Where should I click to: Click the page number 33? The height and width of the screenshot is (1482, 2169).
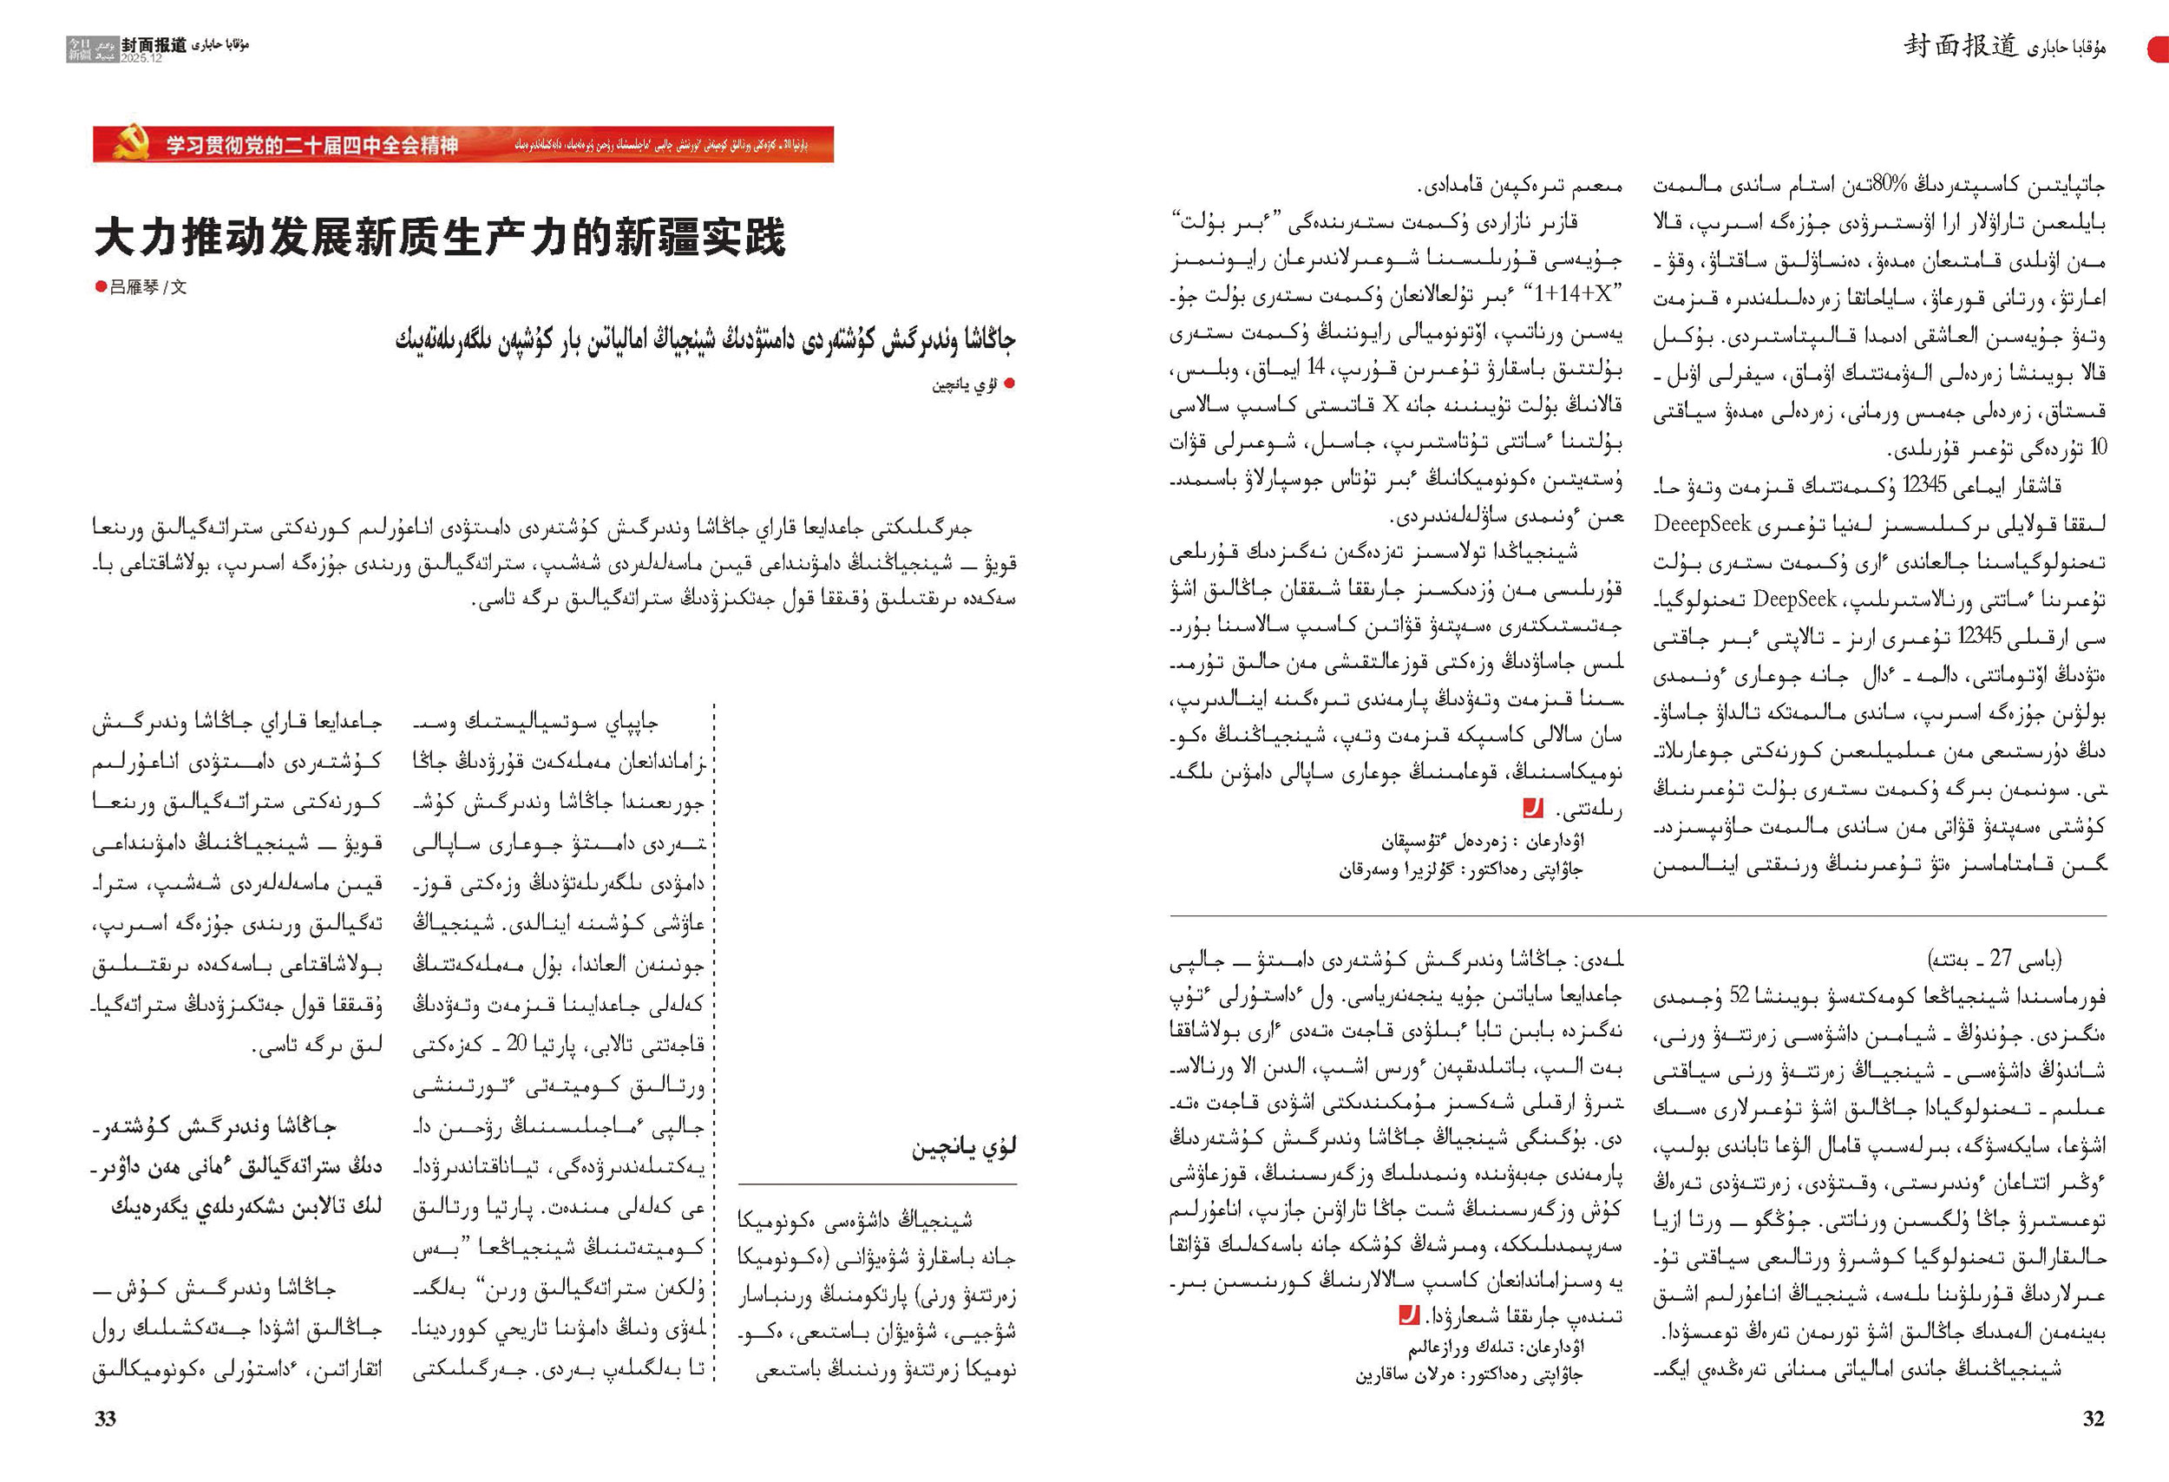tap(106, 1420)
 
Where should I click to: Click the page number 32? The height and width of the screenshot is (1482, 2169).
tap(2094, 1420)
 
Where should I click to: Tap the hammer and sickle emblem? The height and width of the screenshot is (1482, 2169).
tap(132, 144)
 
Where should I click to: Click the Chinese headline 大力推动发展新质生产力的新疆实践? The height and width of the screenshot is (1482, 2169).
tap(440, 237)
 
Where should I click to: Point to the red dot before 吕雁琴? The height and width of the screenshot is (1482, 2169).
tap(101, 287)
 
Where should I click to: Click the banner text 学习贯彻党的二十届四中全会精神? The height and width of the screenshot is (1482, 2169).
tap(311, 146)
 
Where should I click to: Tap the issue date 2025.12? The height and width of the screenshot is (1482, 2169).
tap(141, 58)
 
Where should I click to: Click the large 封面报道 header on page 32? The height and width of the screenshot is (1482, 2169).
tap(1961, 45)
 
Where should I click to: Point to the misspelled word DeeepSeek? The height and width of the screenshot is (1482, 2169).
tap(1701, 523)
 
